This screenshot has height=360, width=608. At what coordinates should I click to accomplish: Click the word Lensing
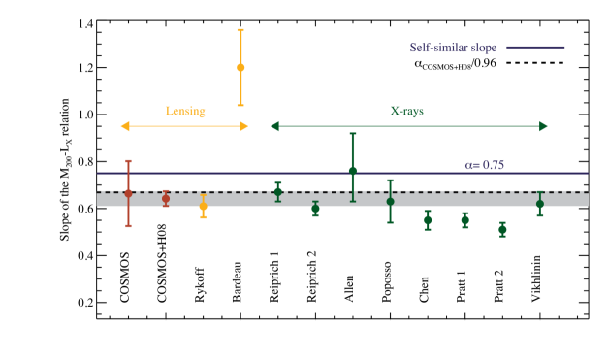coord(185,111)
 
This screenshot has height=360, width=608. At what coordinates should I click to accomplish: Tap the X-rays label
coord(406,111)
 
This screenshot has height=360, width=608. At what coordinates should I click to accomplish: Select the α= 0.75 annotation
coord(484,165)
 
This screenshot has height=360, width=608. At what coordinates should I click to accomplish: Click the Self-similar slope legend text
coord(453,48)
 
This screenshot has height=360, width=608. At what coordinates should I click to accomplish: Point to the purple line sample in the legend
coord(535,48)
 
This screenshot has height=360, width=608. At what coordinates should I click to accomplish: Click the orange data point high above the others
coord(240,67)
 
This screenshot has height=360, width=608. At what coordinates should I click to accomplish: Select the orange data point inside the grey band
coord(203,206)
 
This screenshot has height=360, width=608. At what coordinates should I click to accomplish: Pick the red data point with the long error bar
coord(128,193)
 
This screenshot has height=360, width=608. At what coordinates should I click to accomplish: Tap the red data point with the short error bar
coord(166,198)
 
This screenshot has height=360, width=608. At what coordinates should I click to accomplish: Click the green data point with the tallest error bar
coord(353,170)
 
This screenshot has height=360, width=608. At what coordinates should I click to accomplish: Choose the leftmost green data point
coord(278,191)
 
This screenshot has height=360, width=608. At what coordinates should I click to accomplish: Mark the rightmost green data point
coord(540,204)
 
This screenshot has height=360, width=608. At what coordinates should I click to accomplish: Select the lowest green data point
coord(502,230)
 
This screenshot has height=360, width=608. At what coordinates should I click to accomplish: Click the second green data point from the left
coord(315,208)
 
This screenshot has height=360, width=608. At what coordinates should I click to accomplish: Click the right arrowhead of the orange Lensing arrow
coord(244,126)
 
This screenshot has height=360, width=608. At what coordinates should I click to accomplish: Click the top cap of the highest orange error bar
coord(240,30)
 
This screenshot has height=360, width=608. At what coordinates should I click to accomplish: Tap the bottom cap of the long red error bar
coord(128,226)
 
